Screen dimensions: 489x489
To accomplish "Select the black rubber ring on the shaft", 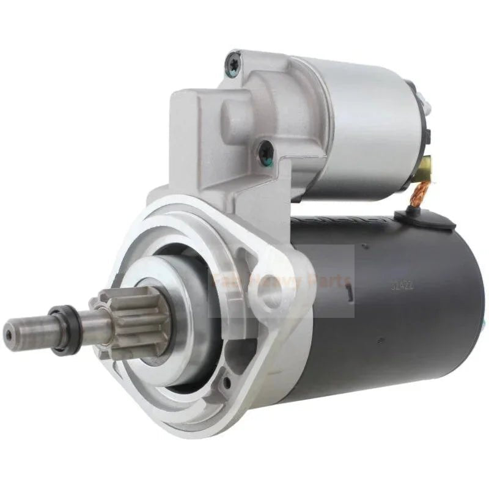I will [x=60, y=331].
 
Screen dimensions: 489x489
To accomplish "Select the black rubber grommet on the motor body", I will [x=409, y=215].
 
